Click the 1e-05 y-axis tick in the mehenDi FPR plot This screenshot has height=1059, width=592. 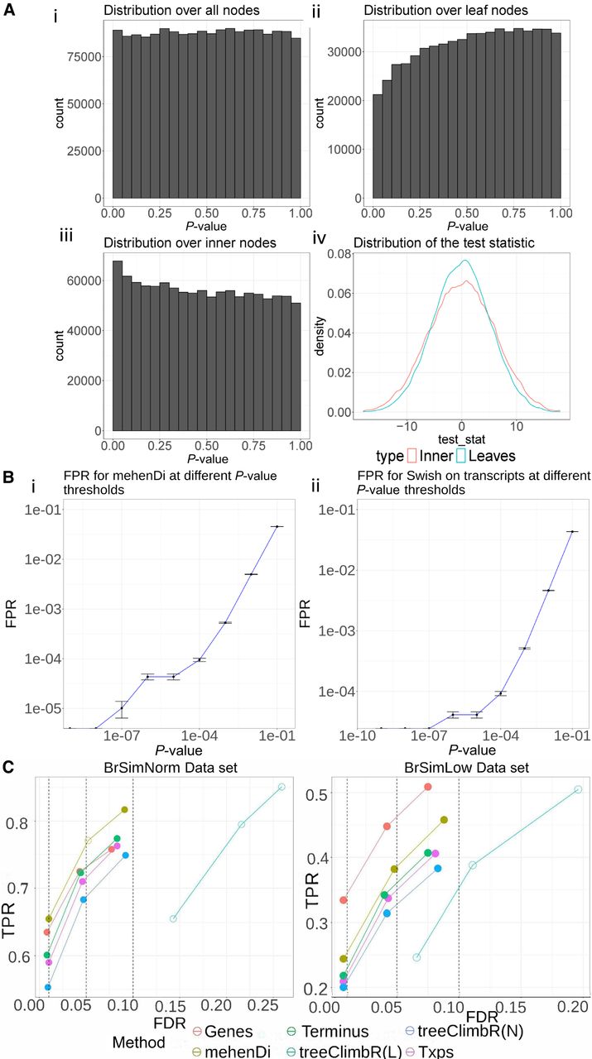[x=39, y=709]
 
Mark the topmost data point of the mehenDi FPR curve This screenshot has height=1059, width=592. [x=277, y=526]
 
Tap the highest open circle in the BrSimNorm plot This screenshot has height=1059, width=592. [x=282, y=787]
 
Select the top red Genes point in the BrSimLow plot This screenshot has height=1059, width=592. [x=428, y=786]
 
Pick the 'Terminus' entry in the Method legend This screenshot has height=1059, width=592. [x=335, y=1032]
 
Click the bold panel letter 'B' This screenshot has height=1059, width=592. [x=7, y=477]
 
